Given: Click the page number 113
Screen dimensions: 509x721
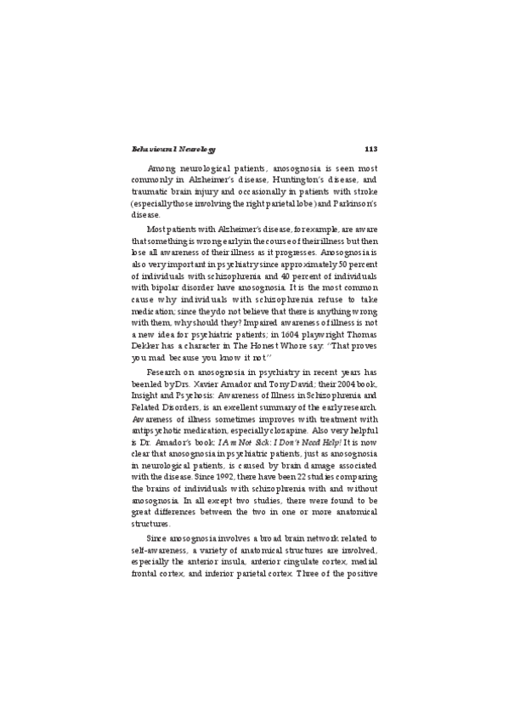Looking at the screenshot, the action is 370,150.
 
